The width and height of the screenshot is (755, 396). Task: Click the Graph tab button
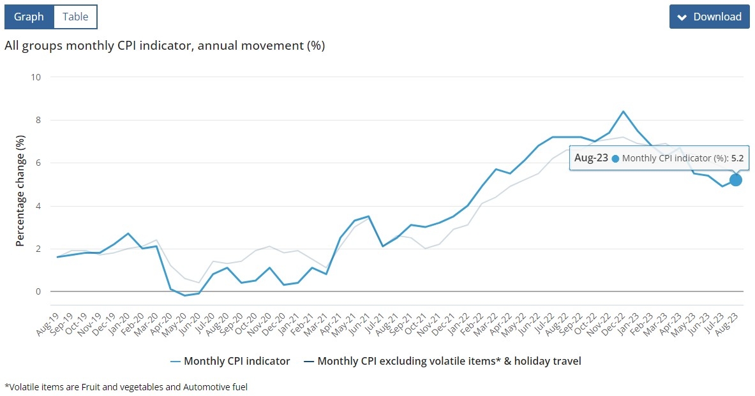29,17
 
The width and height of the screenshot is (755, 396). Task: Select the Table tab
75,17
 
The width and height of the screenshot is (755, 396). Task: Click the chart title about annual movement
165,46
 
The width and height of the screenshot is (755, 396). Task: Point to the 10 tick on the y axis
36,77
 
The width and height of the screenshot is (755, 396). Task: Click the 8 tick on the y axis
38,120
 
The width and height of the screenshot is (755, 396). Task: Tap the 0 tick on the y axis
38,291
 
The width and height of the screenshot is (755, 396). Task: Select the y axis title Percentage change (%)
20,190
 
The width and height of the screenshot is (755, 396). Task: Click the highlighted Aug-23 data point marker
736,180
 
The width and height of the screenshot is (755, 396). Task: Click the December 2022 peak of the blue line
623,112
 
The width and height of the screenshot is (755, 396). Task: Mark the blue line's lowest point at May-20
185,295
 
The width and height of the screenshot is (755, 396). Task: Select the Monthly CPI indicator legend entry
230,362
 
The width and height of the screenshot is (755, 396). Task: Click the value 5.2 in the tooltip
737,158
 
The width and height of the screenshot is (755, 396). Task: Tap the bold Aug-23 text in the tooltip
591,158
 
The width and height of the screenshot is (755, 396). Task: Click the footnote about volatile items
126,386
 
